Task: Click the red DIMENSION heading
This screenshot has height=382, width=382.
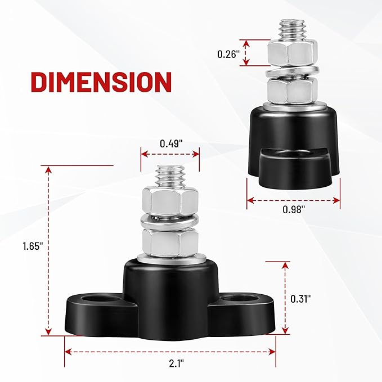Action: point(101,82)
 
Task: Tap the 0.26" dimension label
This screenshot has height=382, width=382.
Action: point(227,54)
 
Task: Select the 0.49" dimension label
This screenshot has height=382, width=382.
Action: point(171,143)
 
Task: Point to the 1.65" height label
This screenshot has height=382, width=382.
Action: point(33,246)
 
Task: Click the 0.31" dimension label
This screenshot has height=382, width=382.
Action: point(300,299)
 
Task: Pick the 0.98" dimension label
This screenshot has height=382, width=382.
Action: point(294,209)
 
